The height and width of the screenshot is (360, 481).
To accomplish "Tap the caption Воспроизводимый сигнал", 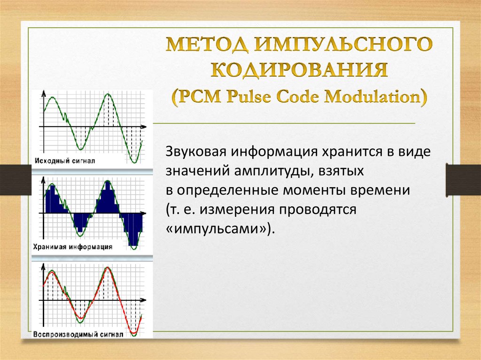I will pyautogui.click(x=78, y=335).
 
